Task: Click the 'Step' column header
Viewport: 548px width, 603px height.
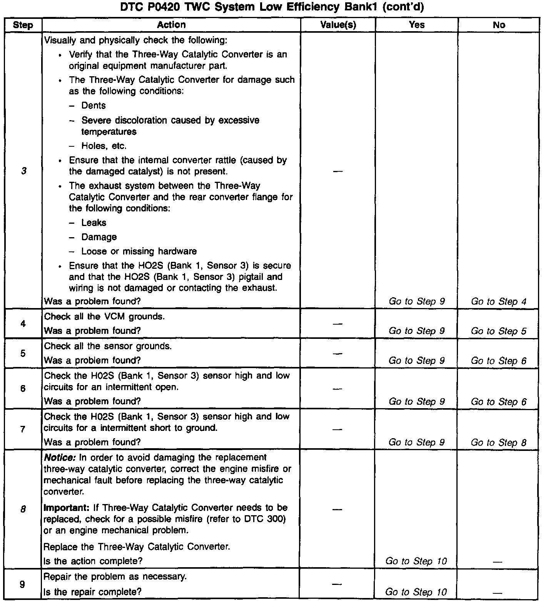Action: coord(23,25)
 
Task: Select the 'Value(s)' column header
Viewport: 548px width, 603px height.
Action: coord(338,25)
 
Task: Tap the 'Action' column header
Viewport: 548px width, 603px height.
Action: coord(171,25)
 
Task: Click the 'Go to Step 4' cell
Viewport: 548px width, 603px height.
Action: coord(498,301)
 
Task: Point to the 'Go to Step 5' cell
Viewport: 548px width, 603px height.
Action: coord(498,331)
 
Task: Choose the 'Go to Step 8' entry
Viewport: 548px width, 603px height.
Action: coord(498,442)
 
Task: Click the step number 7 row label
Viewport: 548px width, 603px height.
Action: coord(23,429)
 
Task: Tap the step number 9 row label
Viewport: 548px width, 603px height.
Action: coord(23,584)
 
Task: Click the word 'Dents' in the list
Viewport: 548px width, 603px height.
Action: coord(94,106)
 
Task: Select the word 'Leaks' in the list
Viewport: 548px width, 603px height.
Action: coord(94,223)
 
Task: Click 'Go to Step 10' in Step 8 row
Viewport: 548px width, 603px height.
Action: coord(416,561)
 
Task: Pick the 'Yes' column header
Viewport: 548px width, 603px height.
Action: coord(417,25)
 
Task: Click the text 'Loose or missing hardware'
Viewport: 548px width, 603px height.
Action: coord(139,251)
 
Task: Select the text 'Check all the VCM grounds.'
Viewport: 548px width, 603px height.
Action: coord(104,317)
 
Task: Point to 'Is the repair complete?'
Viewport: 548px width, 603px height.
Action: coord(92,591)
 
